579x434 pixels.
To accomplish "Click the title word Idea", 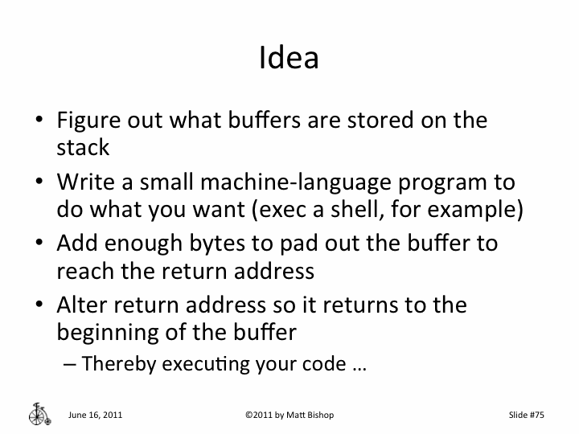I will pyautogui.click(x=289, y=58).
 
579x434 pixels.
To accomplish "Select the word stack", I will pyautogui.click(x=83, y=148).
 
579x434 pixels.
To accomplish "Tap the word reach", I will pyautogui.click(x=86, y=271).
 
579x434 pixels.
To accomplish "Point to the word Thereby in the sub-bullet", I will pyautogui.click(x=118, y=363).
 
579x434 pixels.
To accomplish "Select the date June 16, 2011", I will pyautogui.click(x=96, y=415).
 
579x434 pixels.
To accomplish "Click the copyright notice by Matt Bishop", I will pyautogui.click(x=289, y=415).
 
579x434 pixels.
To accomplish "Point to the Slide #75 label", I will pyautogui.click(x=527, y=415).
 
